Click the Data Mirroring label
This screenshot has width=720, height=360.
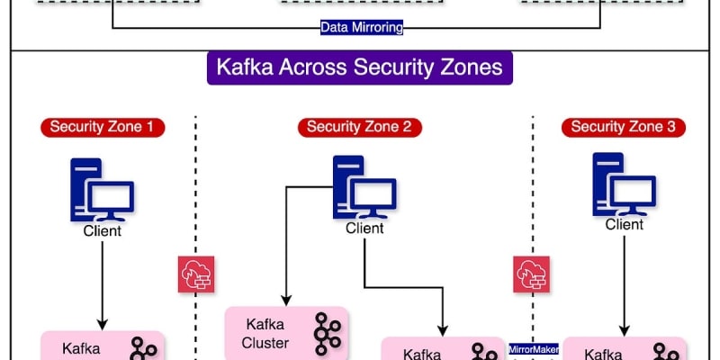362,27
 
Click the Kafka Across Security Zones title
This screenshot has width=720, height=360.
359,67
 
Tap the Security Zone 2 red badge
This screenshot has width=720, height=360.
359,127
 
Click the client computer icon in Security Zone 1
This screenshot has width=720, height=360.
102,190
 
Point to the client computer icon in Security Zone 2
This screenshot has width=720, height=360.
364,188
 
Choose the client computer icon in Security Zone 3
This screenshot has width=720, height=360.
624,184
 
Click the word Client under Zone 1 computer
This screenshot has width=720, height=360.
102,231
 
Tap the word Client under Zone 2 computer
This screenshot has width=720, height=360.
364,229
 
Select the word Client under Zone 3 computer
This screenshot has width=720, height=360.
624,224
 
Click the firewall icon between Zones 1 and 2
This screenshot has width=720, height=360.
195,274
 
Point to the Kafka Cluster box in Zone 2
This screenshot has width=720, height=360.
286,333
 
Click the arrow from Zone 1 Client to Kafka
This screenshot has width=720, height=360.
102,283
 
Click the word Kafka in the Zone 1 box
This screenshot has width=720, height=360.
80,349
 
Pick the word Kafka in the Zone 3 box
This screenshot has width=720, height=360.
605,353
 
